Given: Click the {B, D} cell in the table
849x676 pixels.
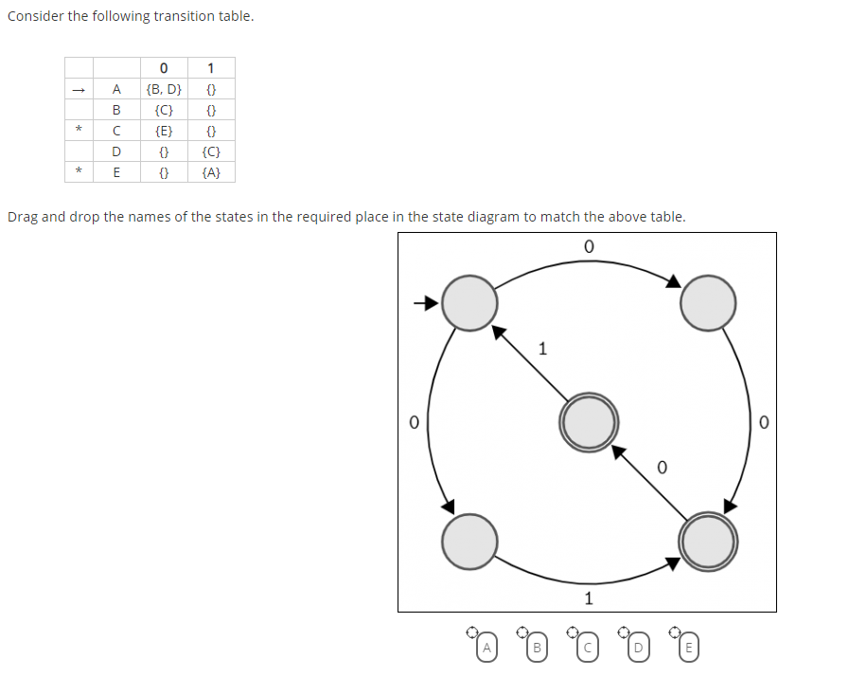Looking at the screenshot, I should click(164, 89).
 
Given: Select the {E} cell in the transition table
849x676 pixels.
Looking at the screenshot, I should click(164, 131).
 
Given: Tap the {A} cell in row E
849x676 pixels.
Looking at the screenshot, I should click(211, 172).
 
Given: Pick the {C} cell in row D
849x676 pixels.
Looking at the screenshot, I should click(211, 151).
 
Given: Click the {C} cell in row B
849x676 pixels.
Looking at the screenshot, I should click(164, 110).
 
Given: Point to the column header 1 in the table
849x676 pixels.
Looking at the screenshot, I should click(211, 67).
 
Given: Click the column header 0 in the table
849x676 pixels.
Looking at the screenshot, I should click(164, 67).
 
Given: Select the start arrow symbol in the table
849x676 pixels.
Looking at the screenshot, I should click(80, 89).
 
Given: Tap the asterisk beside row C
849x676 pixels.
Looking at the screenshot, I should click(80, 131).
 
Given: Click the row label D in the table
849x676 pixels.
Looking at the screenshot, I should click(116, 151).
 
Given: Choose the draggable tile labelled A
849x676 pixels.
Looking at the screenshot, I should click(486, 648).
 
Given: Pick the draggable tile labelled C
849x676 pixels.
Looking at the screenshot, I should click(588, 648).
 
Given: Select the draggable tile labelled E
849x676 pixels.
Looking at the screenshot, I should click(688, 648).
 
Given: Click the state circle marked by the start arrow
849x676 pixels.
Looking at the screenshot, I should click(469, 303).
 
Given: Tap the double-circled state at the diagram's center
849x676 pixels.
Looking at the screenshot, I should click(589, 421).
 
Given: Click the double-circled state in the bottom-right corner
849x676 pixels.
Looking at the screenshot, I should click(707, 541).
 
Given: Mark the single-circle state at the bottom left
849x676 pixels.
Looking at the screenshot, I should click(469, 541).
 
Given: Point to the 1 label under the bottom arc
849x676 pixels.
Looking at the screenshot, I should click(588, 597).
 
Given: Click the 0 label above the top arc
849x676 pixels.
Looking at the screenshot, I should click(588, 246).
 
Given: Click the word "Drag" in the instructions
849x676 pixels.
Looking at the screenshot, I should click(23, 217).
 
